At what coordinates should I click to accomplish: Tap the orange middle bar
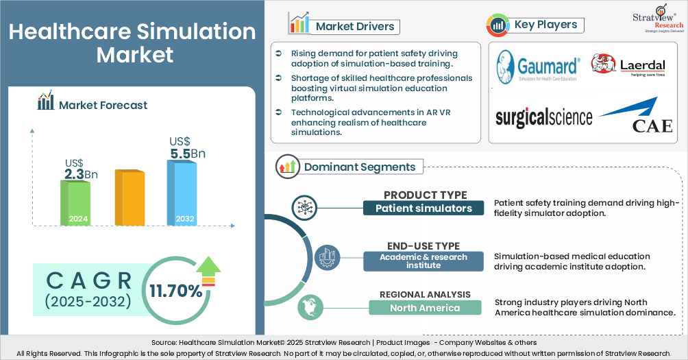point(129,198)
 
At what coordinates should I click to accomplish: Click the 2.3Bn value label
point(81,174)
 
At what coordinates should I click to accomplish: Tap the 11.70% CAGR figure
point(176,291)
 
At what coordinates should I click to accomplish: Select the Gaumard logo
point(538,67)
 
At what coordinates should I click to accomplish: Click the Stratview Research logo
point(661,18)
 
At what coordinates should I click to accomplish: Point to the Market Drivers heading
point(355,27)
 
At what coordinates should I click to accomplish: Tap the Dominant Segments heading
point(360,167)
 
